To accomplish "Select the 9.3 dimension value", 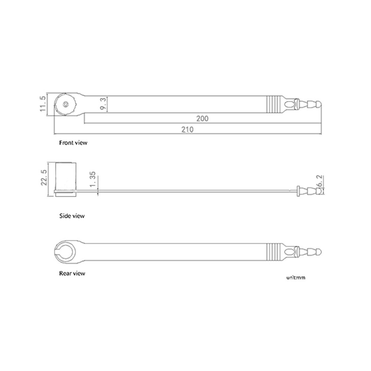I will click(x=105, y=104).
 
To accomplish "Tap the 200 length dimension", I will click(x=203, y=118).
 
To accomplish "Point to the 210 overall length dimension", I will click(x=188, y=129).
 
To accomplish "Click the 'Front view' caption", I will click(x=73, y=142).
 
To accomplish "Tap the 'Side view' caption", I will click(x=72, y=216).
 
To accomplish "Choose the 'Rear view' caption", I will click(x=72, y=273).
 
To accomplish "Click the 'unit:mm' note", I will click(x=296, y=277).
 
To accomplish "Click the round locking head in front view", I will click(x=66, y=104).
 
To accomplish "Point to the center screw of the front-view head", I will click(x=66, y=104).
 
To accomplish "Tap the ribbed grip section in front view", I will click(x=273, y=104).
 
